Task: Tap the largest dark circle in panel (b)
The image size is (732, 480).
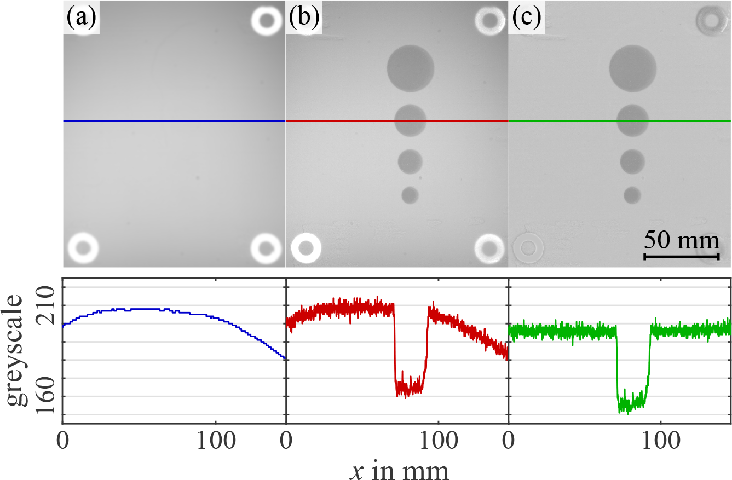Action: (x=411, y=68)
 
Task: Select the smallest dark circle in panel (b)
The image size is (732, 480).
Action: (x=410, y=195)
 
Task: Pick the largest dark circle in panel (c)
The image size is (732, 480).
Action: (x=633, y=68)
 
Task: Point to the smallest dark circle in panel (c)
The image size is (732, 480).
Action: (x=632, y=195)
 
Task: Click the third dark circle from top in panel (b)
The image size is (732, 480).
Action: (x=410, y=161)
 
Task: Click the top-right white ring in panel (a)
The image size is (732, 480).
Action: (x=267, y=21)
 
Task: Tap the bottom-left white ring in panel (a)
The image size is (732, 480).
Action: (x=83, y=247)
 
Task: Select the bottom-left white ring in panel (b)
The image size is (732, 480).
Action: (x=306, y=247)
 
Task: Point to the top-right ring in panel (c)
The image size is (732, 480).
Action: (x=711, y=21)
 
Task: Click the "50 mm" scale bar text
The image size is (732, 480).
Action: (x=681, y=240)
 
